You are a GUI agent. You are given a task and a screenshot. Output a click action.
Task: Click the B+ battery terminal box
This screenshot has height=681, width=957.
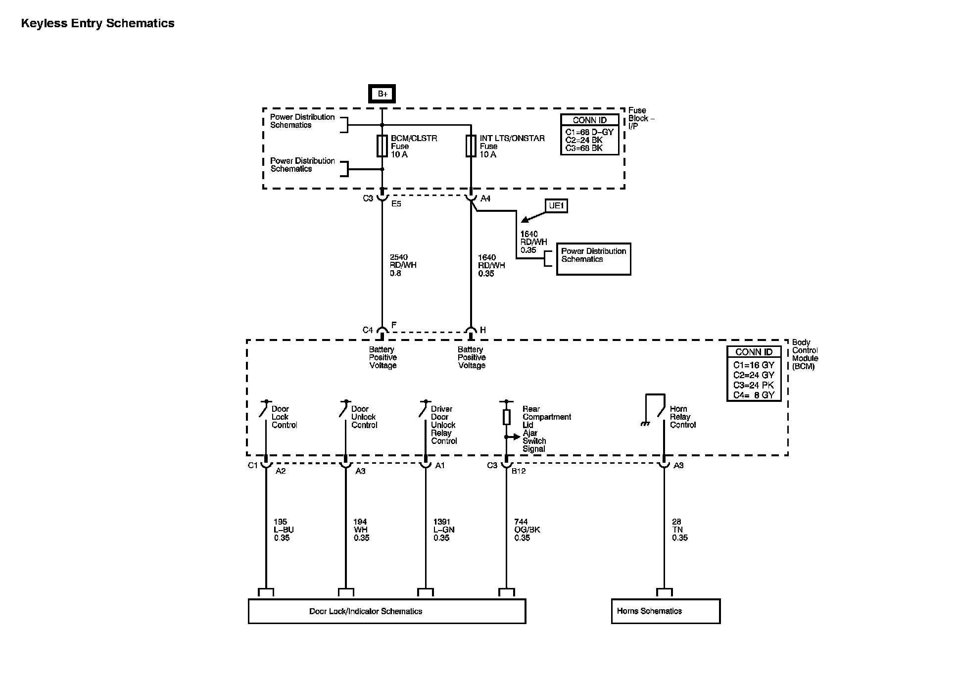[382, 94]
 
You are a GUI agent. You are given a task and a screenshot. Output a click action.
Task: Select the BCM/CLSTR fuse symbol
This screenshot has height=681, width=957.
[382, 146]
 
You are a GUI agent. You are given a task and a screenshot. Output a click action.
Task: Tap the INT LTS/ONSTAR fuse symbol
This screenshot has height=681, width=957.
[471, 146]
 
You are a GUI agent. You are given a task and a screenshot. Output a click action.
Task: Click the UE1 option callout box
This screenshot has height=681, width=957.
[556, 205]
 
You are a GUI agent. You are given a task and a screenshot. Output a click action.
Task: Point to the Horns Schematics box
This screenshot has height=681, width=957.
[666, 611]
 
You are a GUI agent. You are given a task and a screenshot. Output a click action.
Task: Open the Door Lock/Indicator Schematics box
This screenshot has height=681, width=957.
[386, 611]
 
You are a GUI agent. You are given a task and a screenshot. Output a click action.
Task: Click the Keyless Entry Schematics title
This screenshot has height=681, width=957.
[97, 23]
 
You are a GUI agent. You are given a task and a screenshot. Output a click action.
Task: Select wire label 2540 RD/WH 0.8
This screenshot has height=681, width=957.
[403, 265]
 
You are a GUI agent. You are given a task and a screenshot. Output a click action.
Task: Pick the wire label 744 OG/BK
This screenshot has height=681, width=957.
[527, 526]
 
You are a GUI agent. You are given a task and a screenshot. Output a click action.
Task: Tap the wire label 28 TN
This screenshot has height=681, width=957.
[677, 526]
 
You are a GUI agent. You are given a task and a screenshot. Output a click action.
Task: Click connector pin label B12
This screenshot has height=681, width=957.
[519, 471]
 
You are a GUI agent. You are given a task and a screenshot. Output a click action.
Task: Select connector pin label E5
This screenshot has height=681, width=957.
[396, 203]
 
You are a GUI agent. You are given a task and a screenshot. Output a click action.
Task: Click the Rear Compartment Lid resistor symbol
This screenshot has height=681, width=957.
[506, 417]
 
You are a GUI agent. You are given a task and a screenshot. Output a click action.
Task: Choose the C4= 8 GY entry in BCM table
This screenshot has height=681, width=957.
[754, 395]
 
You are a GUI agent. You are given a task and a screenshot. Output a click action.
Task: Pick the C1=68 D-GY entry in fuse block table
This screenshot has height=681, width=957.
[589, 132]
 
